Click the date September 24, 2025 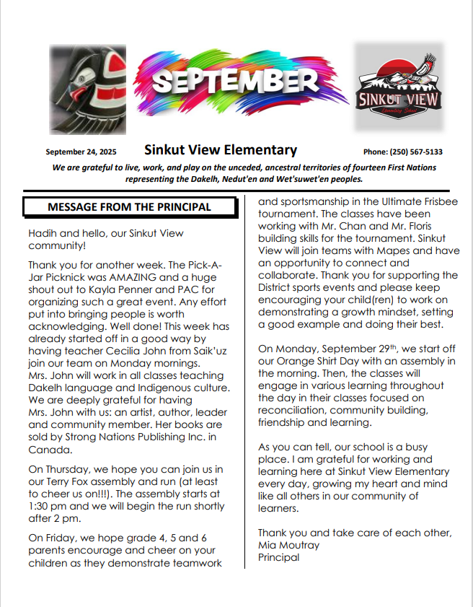[x=81, y=152]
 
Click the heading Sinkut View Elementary [x=221, y=151]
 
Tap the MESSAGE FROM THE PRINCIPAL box [x=129, y=207]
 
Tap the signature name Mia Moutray [x=288, y=545]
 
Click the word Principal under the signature [x=278, y=557]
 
